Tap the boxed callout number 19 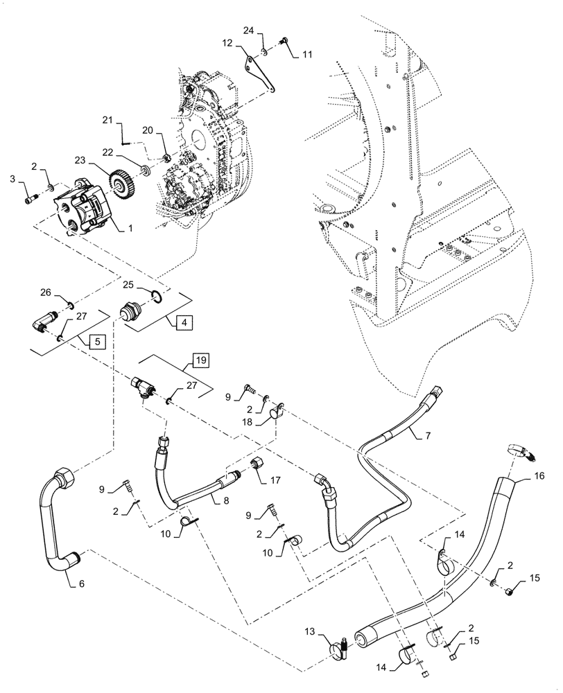click(x=200, y=360)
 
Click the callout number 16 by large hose click(x=539, y=477)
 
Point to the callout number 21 click(x=107, y=120)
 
